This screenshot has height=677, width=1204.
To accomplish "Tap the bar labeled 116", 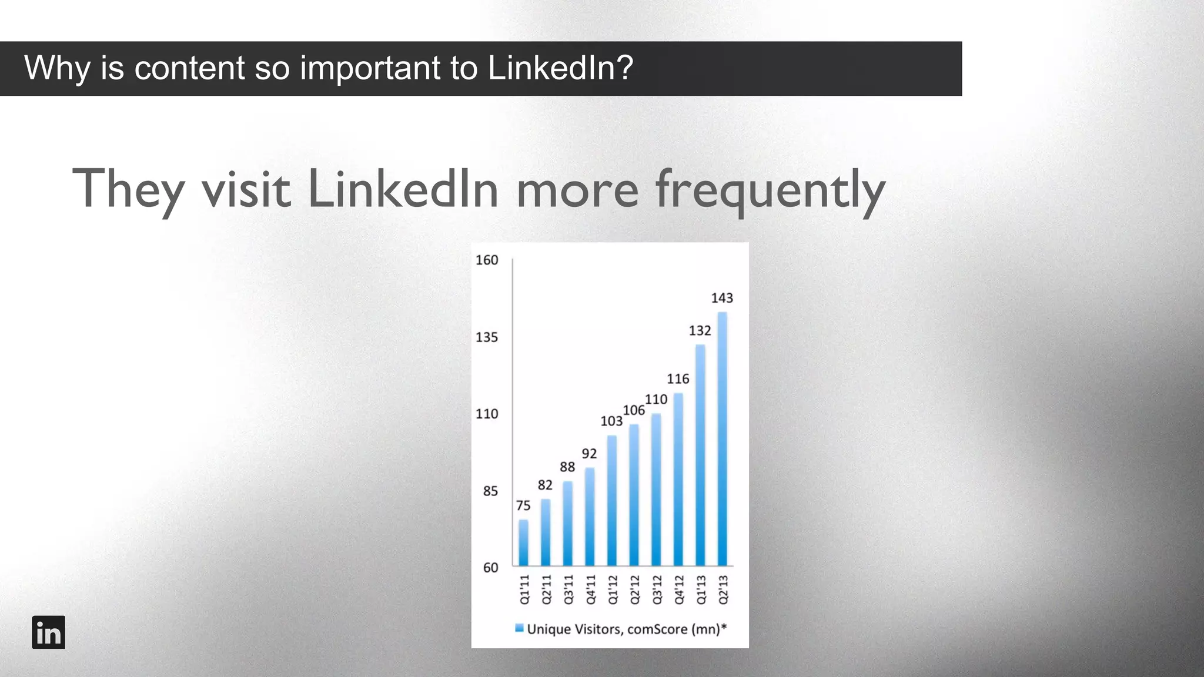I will pos(678,479).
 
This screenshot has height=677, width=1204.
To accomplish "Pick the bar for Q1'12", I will pos(611,500).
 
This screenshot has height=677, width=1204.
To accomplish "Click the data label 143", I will pos(722,298).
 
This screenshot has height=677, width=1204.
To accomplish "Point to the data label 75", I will pos(523,505).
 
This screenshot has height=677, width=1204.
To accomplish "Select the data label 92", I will pos(589,454).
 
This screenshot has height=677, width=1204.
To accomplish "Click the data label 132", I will pos(700,331).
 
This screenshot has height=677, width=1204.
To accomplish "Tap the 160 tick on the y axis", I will pos(487,260).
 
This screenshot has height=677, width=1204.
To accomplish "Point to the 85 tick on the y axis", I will pos(490,491).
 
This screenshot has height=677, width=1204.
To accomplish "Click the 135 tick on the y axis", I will pos(487,337).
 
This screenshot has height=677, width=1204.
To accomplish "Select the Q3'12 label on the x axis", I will pos(657,589).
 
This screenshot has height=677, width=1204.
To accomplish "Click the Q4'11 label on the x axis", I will pos(590,589).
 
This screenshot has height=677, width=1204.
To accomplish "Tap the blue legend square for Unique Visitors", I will pos(519,628).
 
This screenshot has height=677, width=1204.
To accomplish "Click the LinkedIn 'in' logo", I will pos(48,632).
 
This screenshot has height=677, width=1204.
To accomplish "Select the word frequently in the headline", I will pos(770,190).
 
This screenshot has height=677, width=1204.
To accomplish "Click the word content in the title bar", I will pos(189,68).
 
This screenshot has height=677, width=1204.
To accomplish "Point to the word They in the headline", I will pos(128,190).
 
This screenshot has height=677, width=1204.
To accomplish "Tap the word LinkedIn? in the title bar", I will pos(560,68).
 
